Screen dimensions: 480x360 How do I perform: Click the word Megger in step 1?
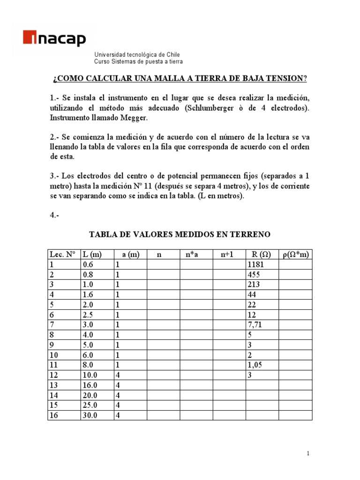pos(134,118)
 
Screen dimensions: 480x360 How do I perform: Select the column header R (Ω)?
pos(262,255)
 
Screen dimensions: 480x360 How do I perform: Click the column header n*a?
pos(192,255)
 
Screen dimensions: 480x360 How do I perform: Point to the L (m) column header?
pos(92,255)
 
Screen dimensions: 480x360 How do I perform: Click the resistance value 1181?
pos(256,265)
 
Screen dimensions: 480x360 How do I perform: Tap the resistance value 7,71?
pos(255,324)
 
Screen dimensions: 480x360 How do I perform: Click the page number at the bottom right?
pos(308,453)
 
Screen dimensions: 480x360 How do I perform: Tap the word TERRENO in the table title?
pos(250,234)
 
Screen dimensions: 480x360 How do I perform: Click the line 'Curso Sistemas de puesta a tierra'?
pos(139,61)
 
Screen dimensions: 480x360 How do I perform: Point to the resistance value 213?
pos(254,285)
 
